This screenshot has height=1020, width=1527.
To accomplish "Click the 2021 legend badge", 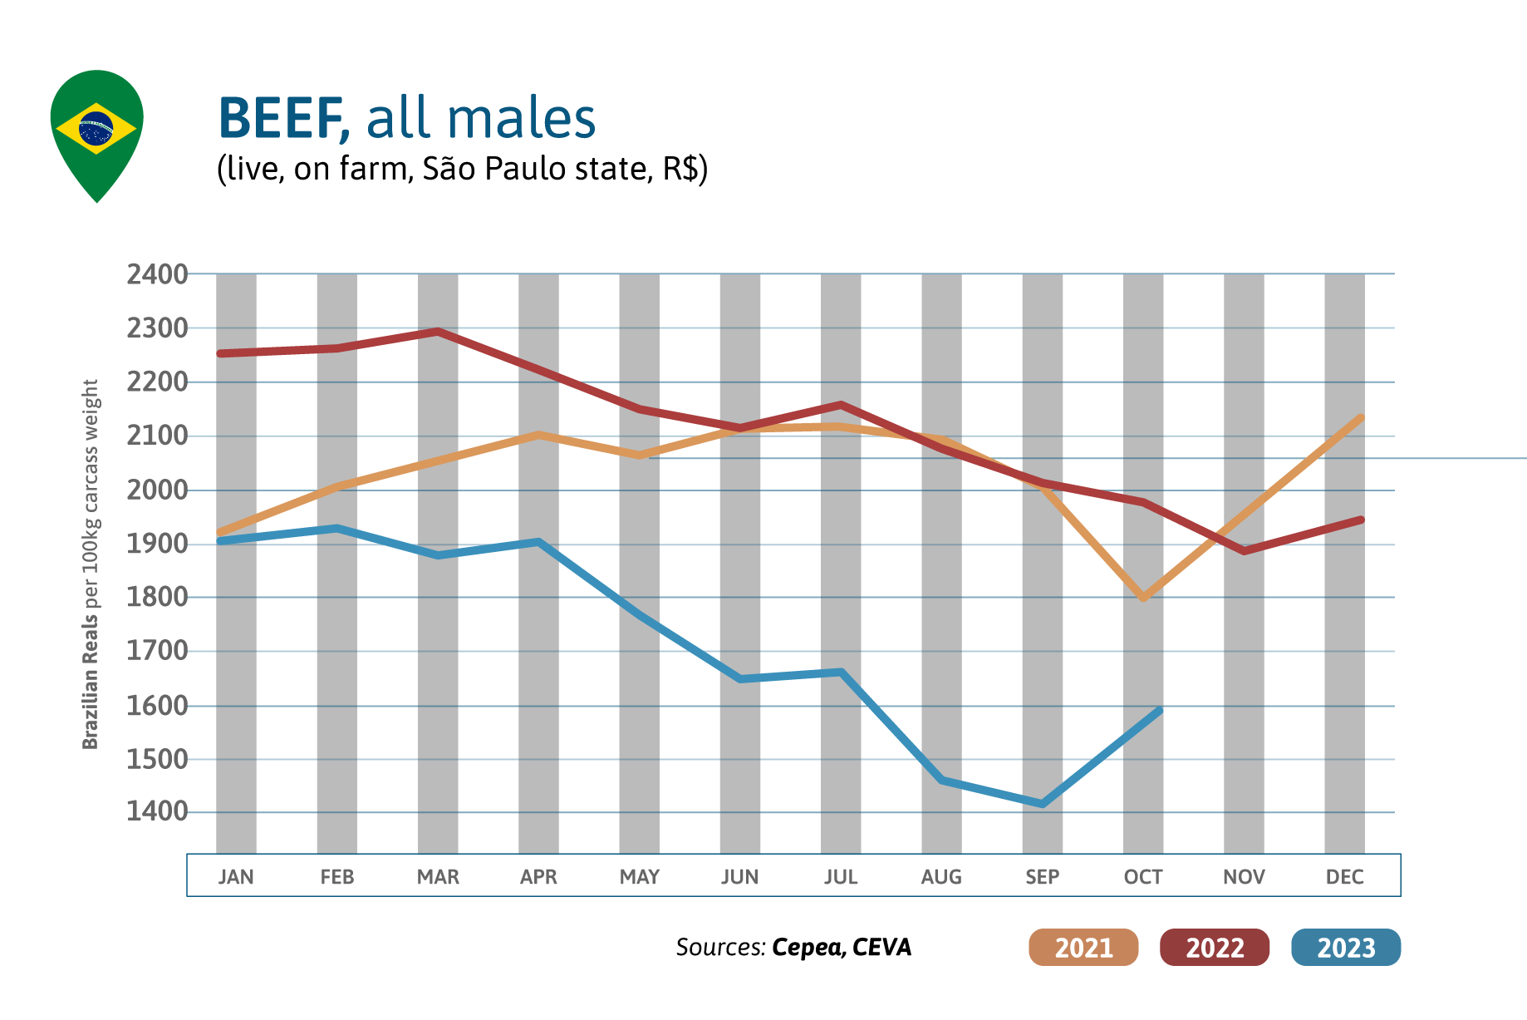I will coord(1083,948).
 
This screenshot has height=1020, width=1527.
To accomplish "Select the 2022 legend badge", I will coord(1215,948).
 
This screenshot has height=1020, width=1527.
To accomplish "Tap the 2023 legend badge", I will coord(1346,948).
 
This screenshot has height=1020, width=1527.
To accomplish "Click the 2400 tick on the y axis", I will coord(157,274).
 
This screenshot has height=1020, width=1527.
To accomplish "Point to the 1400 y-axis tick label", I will coord(157,811).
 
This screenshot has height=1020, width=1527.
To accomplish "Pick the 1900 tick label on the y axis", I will coord(157,544).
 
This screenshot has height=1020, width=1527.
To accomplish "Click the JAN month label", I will coord(236,877).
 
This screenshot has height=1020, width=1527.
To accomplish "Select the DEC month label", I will coord(1344,877).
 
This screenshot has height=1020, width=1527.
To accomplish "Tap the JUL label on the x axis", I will coord(841,877).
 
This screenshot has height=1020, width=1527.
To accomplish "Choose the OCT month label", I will coord(1143,877).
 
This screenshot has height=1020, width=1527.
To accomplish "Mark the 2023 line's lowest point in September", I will coord(1043,804).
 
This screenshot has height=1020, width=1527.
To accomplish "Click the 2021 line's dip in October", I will coord(1144,598).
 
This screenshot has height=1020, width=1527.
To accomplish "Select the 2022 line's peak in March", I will coord(438,332).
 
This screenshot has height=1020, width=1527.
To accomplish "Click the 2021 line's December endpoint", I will coord(1361,417).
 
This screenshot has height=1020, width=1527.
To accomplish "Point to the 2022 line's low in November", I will coord(1244,551).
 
